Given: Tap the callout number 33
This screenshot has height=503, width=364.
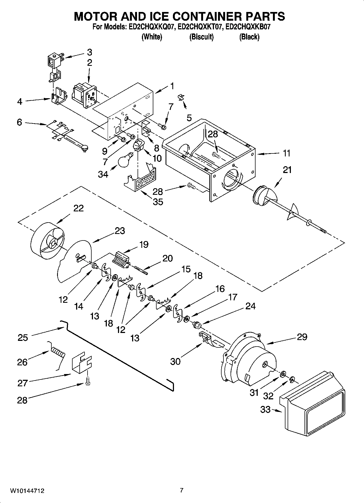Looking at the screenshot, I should (x=265, y=409).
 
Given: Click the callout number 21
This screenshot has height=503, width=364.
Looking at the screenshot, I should (x=287, y=170).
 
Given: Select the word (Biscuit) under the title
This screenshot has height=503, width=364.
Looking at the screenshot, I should (x=201, y=37).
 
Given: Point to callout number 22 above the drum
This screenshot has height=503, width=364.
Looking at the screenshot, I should (x=78, y=208).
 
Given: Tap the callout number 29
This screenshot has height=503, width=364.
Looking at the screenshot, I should (x=302, y=337).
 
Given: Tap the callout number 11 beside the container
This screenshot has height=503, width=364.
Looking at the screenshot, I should (x=287, y=153).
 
